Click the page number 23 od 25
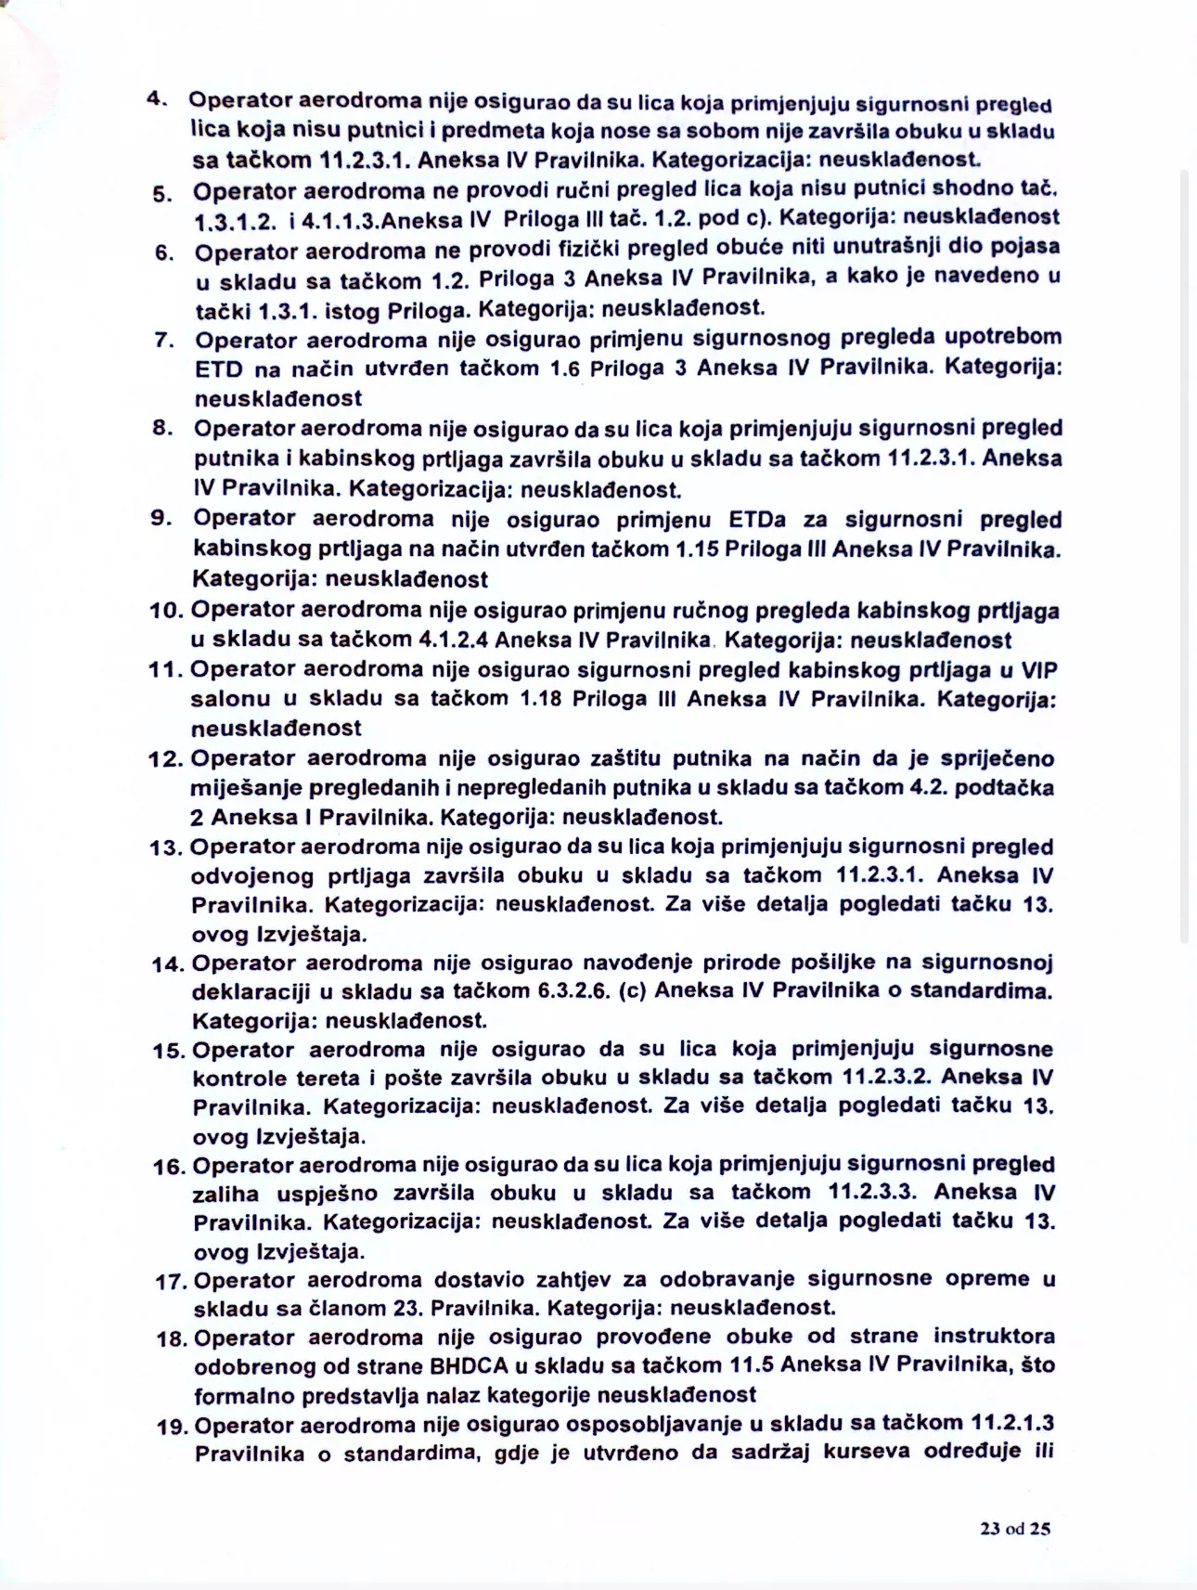[1014, 1529]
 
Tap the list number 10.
[167, 611]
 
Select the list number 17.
[173, 1282]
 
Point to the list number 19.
[174, 1427]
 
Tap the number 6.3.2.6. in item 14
[573, 990]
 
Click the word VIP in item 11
[1039, 670]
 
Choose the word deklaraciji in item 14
[250, 990]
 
